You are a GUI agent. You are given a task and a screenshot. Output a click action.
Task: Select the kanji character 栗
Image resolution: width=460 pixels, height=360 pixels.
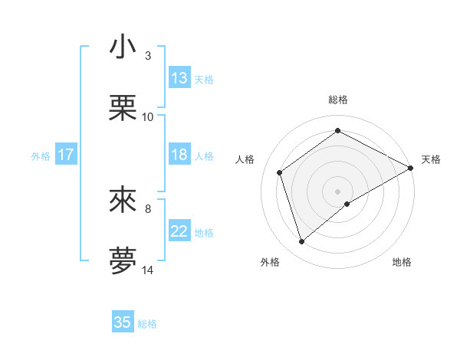(x=123, y=108)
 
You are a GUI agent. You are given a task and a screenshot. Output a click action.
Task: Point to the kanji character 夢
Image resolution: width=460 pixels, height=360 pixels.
(x=123, y=260)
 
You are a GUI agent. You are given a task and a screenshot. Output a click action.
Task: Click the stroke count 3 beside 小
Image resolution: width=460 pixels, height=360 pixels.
(x=147, y=56)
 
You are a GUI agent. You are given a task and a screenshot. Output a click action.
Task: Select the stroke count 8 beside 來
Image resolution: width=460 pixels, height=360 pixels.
(x=147, y=208)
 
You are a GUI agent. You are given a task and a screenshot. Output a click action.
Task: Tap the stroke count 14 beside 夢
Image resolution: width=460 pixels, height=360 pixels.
(x=148, y=270)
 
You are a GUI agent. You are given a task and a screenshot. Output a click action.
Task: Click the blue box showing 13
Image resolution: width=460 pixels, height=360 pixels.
(x=179, y=78)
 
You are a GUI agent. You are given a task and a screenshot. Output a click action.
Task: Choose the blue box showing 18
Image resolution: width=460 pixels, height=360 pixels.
(x=179, y=155)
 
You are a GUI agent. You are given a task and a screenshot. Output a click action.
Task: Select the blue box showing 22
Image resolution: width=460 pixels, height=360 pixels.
(x=179, y=231)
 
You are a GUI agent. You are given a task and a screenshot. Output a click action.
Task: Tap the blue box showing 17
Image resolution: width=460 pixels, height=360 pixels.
(x=66, y=155)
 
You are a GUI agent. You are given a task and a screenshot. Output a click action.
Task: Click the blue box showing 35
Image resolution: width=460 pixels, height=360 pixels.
(x=123, y=322)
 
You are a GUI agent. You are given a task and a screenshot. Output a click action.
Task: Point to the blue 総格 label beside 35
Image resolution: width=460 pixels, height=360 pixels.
(x=147, y=324)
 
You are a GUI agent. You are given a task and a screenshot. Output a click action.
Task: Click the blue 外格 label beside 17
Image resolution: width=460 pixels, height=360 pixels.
(x=41, y=156)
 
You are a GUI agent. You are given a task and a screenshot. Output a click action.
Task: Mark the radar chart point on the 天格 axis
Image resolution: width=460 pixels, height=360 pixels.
(x=411, y=169)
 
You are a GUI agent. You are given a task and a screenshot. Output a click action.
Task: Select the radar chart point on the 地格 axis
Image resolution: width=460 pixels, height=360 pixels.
(x=347, y=204)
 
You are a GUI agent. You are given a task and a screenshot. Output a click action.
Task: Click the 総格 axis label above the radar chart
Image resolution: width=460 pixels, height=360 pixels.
(x=338, y=100)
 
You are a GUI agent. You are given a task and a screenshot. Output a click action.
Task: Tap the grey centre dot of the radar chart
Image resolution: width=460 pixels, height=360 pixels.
(x=338, y=190)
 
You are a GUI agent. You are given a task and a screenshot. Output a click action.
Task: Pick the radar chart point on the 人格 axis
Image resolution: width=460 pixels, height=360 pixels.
(x=280, y=172)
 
